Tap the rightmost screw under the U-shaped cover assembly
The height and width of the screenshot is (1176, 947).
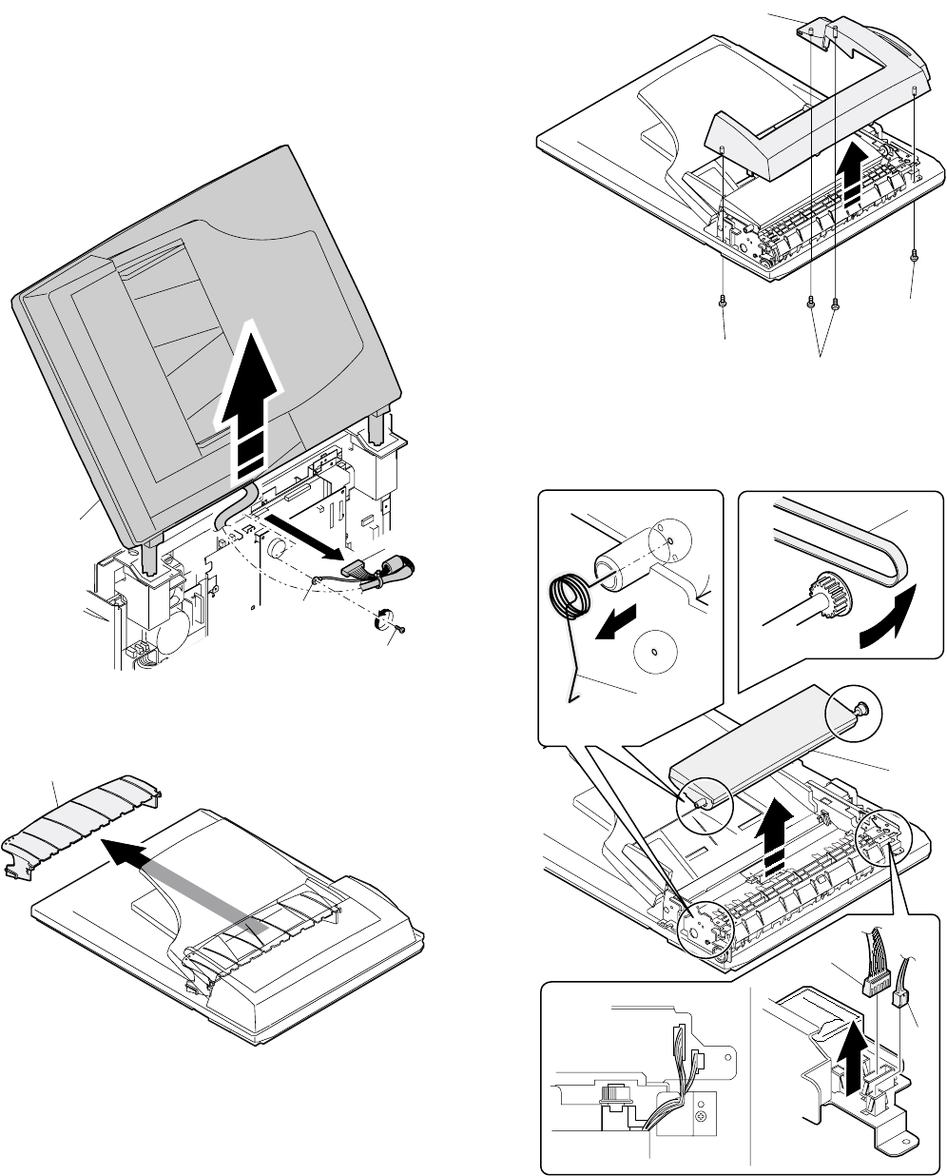[913, 254]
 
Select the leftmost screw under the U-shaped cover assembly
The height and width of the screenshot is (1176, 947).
[724, 301]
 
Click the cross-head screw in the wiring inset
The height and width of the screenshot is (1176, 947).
[702, 1113]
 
